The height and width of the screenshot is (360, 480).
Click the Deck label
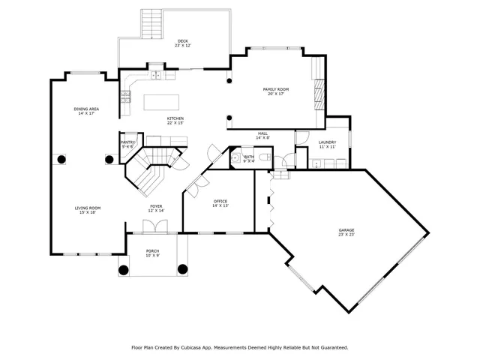click(182, 40)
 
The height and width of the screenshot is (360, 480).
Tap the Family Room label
click(275, 89)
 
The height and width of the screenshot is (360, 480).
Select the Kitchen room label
click(175, 118)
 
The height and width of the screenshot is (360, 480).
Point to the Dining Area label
click(86, 109)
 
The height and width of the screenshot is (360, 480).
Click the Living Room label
click(87, 208)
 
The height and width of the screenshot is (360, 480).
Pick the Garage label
click(346, 230)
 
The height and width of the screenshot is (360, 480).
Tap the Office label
click(220, 201)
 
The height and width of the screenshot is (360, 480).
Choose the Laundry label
click(327, 142)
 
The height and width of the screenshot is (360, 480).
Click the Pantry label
click(127, 142)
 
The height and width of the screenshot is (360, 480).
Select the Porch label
click(152, 251)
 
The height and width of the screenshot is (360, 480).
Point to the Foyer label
click(156, 206)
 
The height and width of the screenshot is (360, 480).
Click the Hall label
click(262, 133)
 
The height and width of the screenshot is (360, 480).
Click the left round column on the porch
click(123, 269)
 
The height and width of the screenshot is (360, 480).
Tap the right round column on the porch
click(181, 269)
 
